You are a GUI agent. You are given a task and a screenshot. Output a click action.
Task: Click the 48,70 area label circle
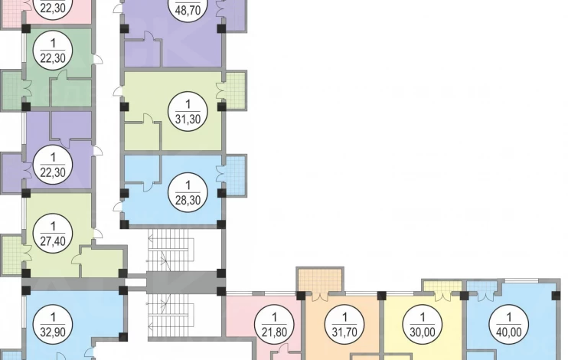(x=188, y=7)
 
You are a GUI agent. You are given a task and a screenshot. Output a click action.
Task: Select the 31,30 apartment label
(x=188, y=111)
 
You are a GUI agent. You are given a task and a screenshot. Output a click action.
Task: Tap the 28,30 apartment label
(x=188, y=192)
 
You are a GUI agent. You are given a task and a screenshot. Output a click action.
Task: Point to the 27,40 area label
(x=53, y=233)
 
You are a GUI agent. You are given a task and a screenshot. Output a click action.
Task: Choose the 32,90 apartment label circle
(x=53, y=325)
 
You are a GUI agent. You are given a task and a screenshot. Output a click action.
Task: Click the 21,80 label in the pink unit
(x=274, y=325)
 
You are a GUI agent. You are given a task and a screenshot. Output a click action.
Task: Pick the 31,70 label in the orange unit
(x=344, y=325)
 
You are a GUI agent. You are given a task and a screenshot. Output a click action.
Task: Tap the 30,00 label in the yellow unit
(x=423, y=325)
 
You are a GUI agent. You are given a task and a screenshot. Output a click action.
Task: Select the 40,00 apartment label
(x=508, y=325)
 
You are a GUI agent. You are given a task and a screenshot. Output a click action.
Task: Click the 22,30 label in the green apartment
(x=53, y=51)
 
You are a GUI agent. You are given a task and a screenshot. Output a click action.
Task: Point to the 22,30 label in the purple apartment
(x=53, y=165)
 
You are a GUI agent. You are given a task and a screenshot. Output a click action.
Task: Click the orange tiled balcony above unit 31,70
(x=320, y=280)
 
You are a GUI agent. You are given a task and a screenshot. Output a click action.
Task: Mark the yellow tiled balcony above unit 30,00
(x=442, y=286)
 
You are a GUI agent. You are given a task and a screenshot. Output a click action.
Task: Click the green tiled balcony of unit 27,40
(x=12, y=255)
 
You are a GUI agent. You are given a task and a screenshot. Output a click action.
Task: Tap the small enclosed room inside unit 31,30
(x=142, y=136)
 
